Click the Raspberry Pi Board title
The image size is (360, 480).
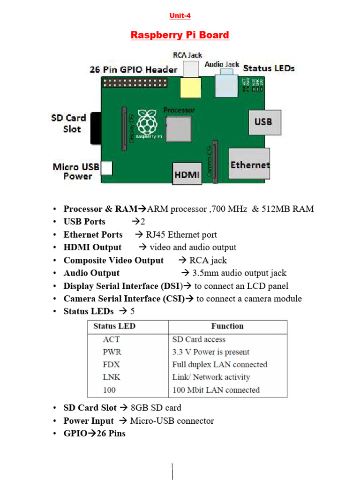(180, 35)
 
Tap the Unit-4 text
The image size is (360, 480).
(180, 16)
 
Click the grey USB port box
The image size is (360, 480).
(263, 122)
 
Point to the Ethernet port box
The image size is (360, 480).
(249, 165)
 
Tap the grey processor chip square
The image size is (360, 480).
(178, 128)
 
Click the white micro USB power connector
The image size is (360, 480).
(107, 168)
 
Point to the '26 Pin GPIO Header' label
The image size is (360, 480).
(134, 70)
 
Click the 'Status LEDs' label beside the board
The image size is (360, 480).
(269, 68)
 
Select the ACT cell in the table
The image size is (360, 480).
(111, 339)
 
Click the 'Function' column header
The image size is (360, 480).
(227, 326)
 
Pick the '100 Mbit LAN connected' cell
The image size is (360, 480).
(216, 390)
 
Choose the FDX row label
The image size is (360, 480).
(111, 365)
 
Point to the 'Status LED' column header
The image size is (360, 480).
(114, 326)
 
